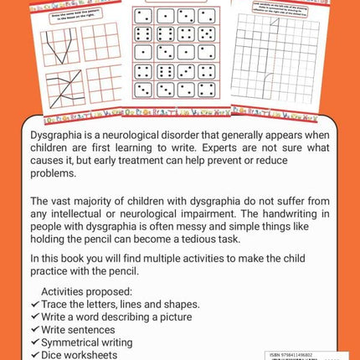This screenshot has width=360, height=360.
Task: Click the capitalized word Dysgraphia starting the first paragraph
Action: coord(58,133)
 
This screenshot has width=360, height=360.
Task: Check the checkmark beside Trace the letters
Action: coord(34,303)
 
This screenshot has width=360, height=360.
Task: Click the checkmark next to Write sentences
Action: coord(34,329)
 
